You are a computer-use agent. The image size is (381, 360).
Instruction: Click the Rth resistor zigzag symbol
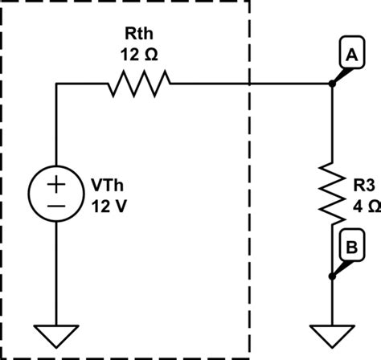(x=139, y=83)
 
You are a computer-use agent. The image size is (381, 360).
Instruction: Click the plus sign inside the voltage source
(x=56, y=184)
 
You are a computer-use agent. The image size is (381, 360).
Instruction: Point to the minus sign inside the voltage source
(x=56, y=206)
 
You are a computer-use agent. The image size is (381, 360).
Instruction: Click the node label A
(x=350, y=55)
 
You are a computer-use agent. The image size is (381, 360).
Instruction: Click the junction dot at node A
(x=332, y=83)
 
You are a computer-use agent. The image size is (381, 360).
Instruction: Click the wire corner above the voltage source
(x=56, y=83)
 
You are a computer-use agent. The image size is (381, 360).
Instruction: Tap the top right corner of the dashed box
(x=249, y=2)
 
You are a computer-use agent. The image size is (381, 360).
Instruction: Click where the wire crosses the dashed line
(x=249, y=83)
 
